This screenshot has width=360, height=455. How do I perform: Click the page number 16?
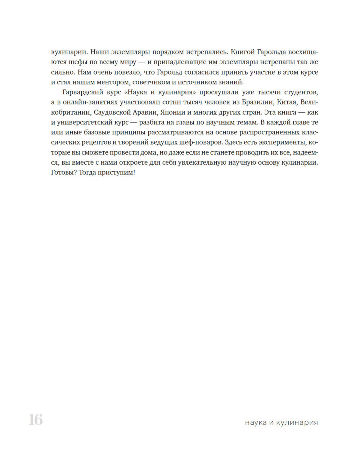[x=36, y=420]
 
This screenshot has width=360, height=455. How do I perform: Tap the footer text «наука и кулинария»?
[x=281, y=422]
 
